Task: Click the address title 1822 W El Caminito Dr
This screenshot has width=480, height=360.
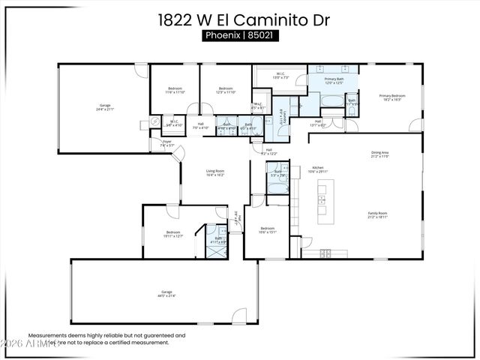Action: (x=239, y=20)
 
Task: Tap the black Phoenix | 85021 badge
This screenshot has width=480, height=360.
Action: (x=240, y=36)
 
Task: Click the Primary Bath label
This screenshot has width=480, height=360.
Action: (x=334, y=80)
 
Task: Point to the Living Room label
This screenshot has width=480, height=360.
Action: (x=215, y=173)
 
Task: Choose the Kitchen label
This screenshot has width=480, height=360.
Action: (x=317, y=169)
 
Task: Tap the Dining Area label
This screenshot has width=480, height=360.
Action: (x=380, y=155)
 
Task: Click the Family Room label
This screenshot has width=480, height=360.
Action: (x=377, y=215)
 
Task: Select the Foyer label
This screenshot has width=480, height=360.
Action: (x=167, y=143)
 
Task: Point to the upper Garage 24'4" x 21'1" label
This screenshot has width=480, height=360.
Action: (x=105, y=107)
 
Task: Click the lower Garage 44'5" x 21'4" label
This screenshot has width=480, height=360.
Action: (x=166, y=294)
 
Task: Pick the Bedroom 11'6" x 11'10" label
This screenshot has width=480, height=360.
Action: (x=175, y=91)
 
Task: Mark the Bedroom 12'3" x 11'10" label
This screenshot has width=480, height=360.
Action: (x=226, y=91)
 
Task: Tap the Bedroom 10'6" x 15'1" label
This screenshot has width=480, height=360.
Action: (x=268, y=230)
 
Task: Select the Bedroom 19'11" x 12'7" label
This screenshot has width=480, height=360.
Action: (x=172, y=235)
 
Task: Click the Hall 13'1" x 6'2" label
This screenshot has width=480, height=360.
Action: (x=318, y=123)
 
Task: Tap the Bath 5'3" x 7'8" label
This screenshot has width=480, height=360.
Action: (x=277, y=174)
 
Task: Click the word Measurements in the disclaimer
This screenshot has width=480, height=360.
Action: (x=46, y=336)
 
